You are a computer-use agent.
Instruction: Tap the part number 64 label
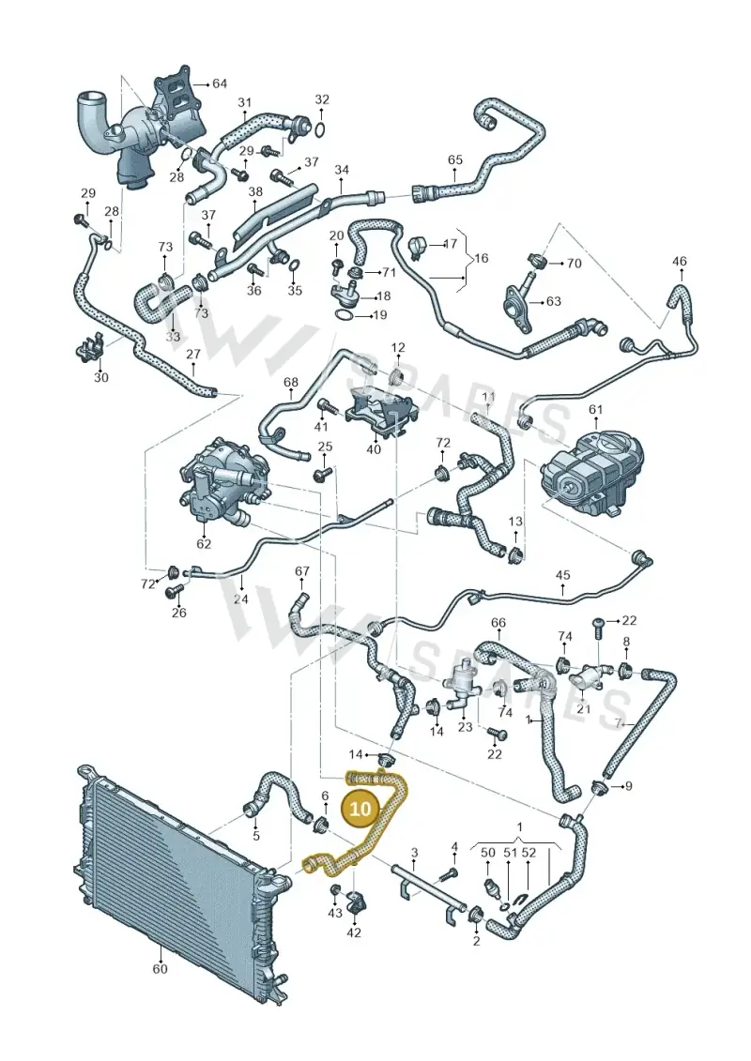pos(220,83)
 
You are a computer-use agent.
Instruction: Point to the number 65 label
pos(455,160)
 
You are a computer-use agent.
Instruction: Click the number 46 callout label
pos(680,261)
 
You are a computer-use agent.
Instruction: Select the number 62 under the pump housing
pos(204,543)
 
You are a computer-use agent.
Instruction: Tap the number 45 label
pos(562,576)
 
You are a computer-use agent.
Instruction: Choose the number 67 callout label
pos(302,571)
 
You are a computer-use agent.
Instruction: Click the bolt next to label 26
pos(172,594)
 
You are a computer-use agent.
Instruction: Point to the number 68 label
pos(290,383)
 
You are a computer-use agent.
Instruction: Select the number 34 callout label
pos(342,169)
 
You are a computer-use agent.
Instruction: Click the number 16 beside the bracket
pos(481,259)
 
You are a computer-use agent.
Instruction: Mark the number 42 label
pos(354,932)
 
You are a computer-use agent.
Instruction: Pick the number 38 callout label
pos(255,192)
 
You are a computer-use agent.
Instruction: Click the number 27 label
pos(193,354)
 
